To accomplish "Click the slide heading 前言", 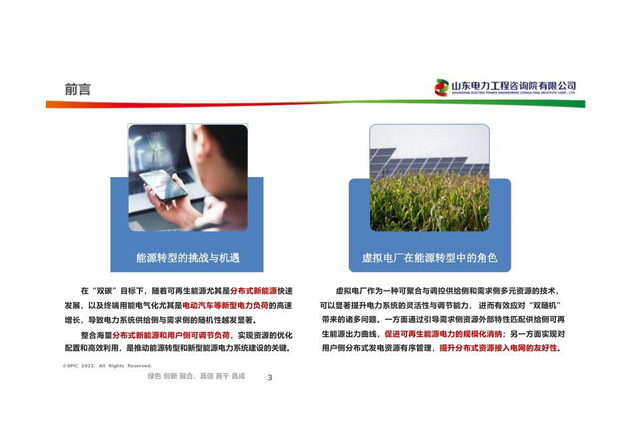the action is tap(78, 90).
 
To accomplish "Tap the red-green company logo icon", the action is tap(441, 87).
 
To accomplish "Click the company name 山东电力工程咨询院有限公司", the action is tap(513, 86).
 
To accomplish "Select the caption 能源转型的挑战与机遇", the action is tap(187, 258).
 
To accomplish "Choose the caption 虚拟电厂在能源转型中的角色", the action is tap(429, 258).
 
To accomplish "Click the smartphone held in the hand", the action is tap(163, 185).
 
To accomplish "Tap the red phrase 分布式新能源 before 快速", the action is tap(254, 291).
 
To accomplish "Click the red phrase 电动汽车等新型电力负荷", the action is tap(225, 306).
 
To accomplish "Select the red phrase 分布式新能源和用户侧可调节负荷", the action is tap(171, 335).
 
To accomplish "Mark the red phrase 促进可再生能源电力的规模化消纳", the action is tap(443, 334).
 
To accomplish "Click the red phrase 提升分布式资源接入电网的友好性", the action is tap(498, 348).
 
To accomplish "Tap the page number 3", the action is tap(270, 378).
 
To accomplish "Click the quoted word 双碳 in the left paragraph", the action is tap(104, 291).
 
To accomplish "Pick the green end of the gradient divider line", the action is tap(584, 105).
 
